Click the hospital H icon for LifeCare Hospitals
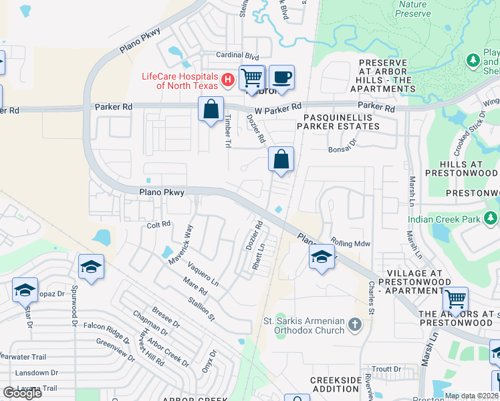coord(228,81)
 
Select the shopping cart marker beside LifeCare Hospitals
coord(252,78)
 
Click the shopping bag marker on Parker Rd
coord(211,109)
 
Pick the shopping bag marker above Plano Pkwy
coord(281,160)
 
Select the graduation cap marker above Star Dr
coord(25,290)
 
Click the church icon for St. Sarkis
coord(354,325)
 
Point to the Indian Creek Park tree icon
coord(491,219)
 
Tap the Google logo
coord(23,393)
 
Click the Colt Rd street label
coord(158,225)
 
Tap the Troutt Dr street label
coord(386,369)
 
